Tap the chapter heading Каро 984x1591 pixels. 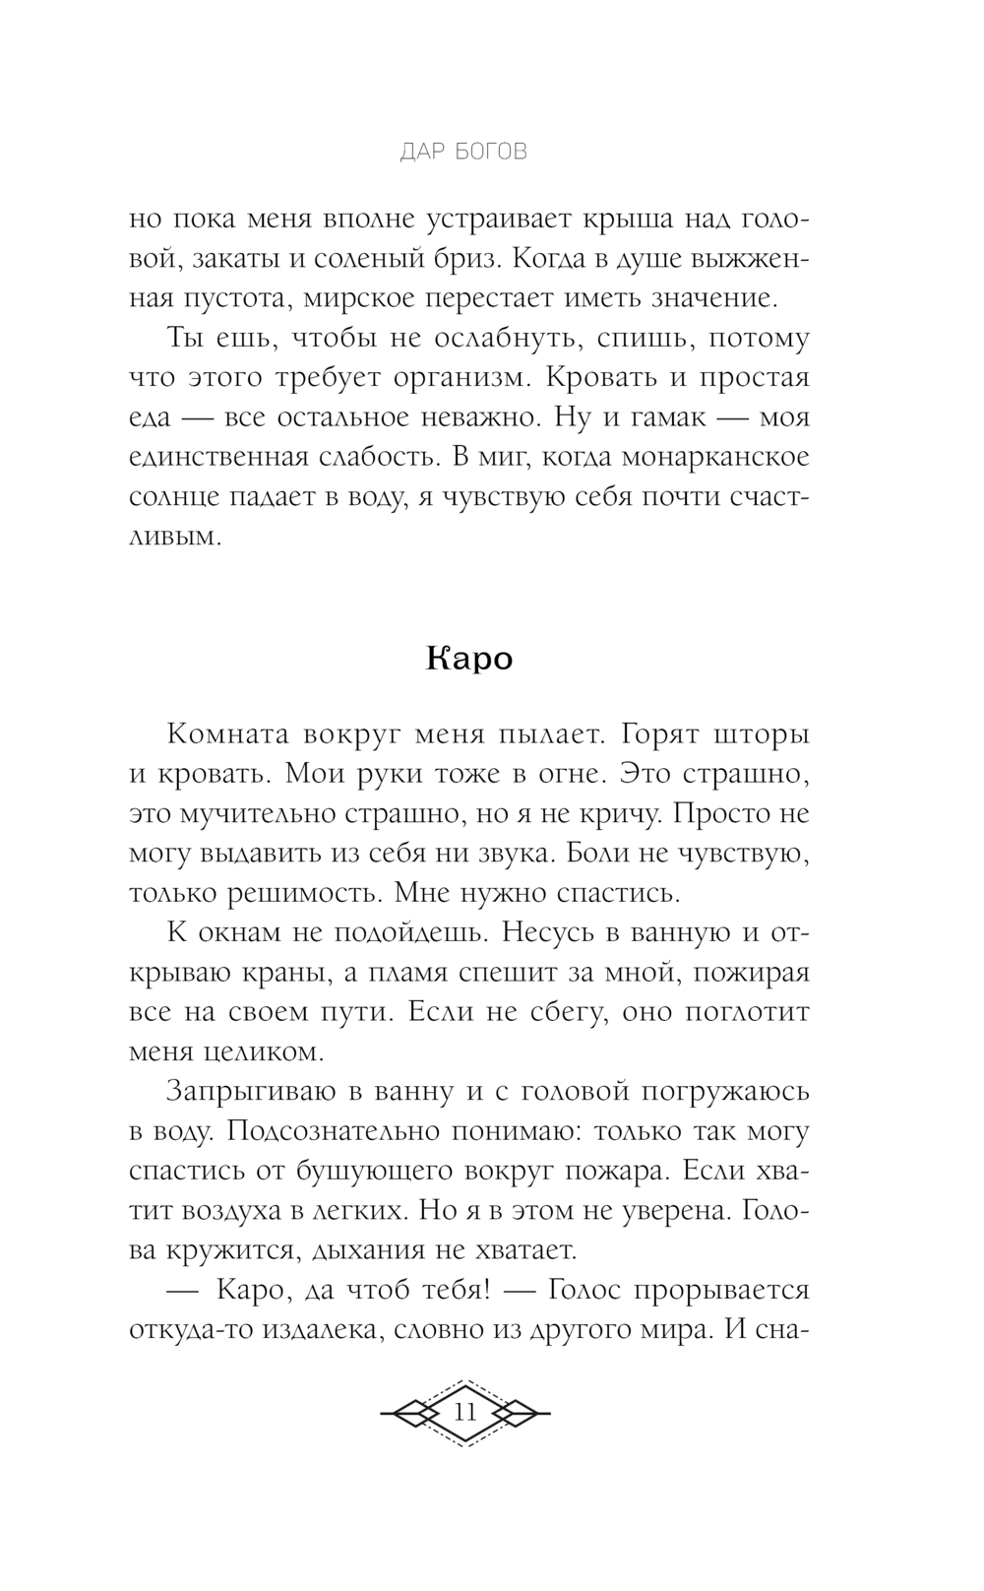[470, 658]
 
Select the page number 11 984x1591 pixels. [464, 1411]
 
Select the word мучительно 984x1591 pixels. [258, 814]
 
